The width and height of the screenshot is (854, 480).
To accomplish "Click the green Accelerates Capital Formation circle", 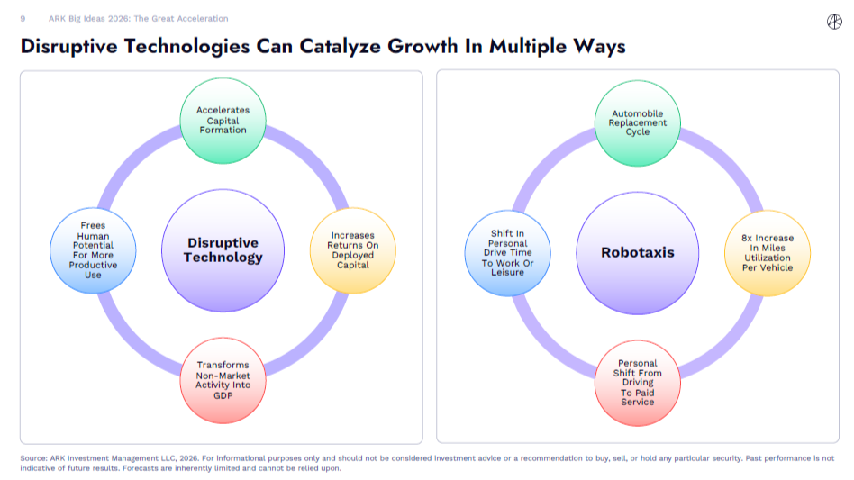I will point(223,120).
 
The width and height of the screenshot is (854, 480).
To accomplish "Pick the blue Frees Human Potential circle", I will point(94,251).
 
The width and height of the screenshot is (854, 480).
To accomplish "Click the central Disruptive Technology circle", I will point(223,250).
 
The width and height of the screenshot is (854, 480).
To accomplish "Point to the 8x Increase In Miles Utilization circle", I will point(769,253).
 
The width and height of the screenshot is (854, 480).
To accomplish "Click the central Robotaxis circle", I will point(638,252).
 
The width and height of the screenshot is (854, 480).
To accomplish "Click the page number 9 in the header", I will point(23,18).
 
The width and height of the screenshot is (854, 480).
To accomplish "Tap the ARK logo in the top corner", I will point(835,21).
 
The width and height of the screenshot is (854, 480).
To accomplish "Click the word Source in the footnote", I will point(33,458).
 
